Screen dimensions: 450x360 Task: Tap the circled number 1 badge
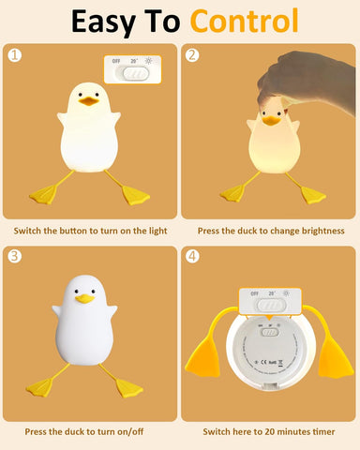(x=14, y=54)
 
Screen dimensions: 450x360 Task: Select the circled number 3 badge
(x=14, y=256)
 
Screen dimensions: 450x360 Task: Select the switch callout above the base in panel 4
(x=269, y=304)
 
